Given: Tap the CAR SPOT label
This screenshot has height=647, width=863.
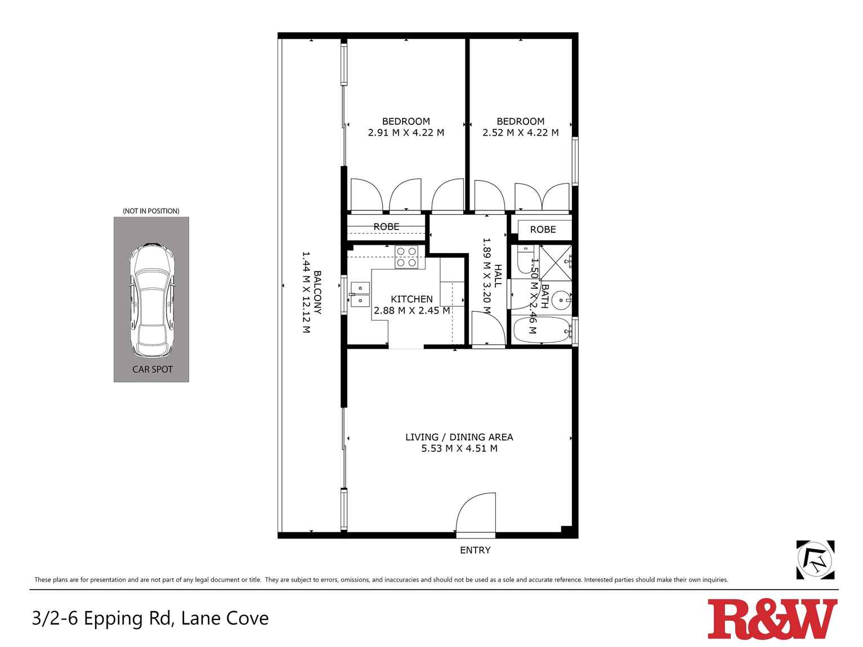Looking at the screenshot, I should tap(152, 370).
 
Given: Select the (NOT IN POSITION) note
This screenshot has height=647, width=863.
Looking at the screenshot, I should tap(151, 211).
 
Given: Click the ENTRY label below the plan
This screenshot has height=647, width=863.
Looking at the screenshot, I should tap(475, 550).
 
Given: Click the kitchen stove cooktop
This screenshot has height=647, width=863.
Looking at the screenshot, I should tap(406, 257).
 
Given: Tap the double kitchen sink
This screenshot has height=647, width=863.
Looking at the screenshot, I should tap(359, 295).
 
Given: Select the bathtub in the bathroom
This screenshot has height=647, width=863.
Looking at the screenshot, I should tap(541, 330).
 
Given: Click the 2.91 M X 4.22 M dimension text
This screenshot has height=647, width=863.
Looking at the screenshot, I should tap(406, 133).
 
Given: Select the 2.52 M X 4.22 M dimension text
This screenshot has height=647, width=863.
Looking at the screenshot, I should tap(520, 133).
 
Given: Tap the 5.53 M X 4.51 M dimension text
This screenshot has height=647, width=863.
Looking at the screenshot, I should tap(459, 448).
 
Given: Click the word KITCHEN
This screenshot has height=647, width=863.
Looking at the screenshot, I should tap(412, 299).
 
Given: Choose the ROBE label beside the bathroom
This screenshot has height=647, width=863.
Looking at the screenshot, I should tap(543, 230).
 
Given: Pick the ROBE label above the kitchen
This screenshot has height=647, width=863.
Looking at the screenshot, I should tap(386, 227).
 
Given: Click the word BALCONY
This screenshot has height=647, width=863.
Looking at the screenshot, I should tap(318, 293).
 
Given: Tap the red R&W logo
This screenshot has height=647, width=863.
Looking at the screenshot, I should tap(772, 619).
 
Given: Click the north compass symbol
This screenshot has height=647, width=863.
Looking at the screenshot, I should tap(815, 560).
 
